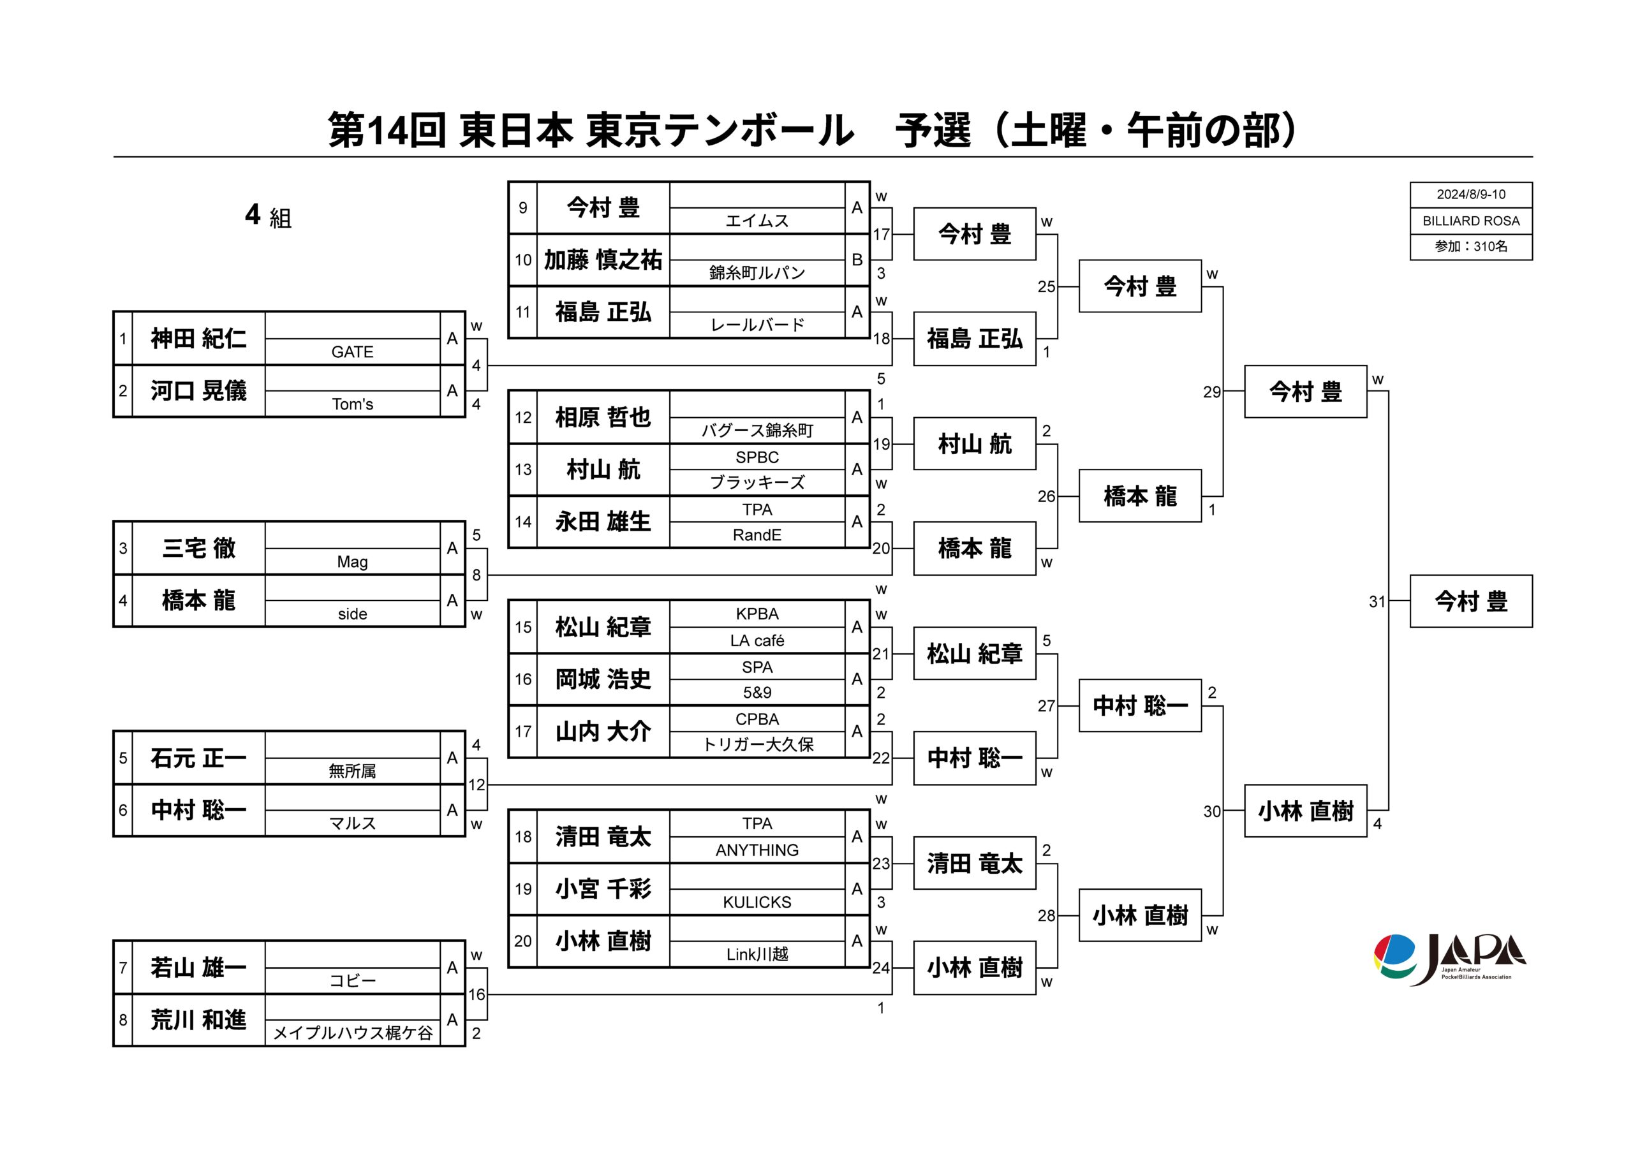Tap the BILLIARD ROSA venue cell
1470,221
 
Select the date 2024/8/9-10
1470,195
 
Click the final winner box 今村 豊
1470,601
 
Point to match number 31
1377,602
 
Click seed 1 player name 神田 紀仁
198,339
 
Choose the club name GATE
352,352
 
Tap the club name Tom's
352,404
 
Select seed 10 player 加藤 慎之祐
603,260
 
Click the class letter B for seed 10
857,260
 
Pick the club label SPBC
757,457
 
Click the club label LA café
757,640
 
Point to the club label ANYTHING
757,850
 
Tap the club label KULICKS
757,902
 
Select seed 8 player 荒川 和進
198,1021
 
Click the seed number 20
523,941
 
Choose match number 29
1211,392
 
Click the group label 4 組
268,215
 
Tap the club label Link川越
757,954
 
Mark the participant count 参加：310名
1470,246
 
